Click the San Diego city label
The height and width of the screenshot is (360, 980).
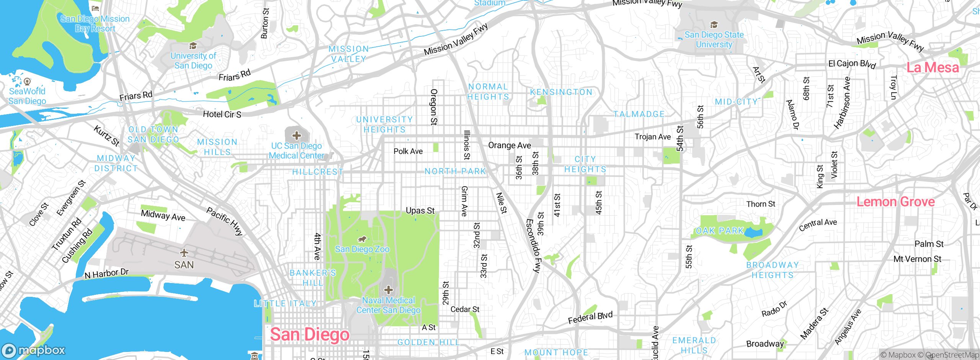tap(310, 335)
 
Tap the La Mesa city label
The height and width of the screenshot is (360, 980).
tap(933, 68)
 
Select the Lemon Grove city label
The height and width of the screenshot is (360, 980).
tap(895, 202)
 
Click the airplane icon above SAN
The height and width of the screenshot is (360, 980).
tap(184, 253)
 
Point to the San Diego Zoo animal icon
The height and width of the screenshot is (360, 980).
tap(362, 239)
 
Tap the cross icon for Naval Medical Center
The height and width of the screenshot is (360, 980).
tap(388, 290)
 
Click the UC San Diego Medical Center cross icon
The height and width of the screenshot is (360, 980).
tap(296, 135)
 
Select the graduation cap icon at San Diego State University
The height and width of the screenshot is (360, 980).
tap(714, 25)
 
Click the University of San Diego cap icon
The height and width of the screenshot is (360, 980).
tap(193, 46)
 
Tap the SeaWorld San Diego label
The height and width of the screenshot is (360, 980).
tap(27, 96)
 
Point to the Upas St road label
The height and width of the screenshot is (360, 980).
tap(420, 211)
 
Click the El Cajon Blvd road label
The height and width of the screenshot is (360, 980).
tap(852, 64)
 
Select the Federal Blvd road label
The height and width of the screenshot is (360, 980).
tap(590, 317)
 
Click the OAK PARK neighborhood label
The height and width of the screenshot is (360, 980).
tap(720, 231)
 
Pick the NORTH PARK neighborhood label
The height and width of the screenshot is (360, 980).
tap(455, 171)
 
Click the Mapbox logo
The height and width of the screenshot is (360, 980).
tap(34, 350)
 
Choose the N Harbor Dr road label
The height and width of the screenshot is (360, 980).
tap(106, 273)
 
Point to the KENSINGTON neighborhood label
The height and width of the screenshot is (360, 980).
tap(561, 92)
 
